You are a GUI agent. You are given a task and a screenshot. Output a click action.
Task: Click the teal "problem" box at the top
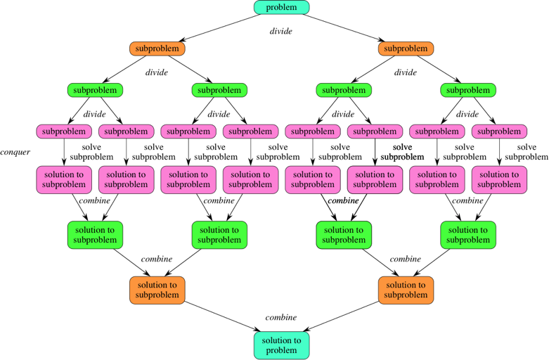pos(281,8)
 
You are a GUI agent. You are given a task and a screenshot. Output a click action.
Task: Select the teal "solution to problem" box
pos(281,345)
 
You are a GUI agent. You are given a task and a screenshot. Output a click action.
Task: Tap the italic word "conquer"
pos(15,152)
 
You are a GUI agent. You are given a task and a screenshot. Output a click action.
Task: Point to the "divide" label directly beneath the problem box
pos(281,32)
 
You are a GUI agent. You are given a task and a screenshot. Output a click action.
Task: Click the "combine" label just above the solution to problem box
pos(281,317)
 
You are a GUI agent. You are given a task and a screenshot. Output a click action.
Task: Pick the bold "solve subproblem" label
pos(402,152)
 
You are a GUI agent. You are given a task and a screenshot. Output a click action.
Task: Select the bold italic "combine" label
pos(343,200)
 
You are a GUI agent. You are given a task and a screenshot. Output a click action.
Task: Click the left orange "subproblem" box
pos(157,49)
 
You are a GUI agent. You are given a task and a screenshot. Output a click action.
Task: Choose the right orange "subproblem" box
pos(406,49)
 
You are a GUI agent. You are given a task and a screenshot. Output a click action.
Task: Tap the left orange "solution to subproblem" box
pos(157,290)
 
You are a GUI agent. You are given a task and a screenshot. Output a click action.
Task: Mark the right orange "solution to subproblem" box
pos(406,290)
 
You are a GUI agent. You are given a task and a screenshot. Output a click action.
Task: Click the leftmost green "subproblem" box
pos(95,90)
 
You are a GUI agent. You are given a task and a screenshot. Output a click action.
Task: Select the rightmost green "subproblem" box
pos(468,90)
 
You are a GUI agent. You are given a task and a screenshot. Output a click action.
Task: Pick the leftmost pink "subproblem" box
pos(64,131)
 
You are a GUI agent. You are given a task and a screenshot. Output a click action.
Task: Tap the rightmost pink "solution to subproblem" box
pos(499,179)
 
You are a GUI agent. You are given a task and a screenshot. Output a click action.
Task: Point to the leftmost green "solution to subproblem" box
pos(95,235)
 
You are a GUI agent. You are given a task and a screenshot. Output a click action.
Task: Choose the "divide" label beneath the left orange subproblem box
pos(157,72)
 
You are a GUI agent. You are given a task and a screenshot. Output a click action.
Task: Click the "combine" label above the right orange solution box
pos(406,259)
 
